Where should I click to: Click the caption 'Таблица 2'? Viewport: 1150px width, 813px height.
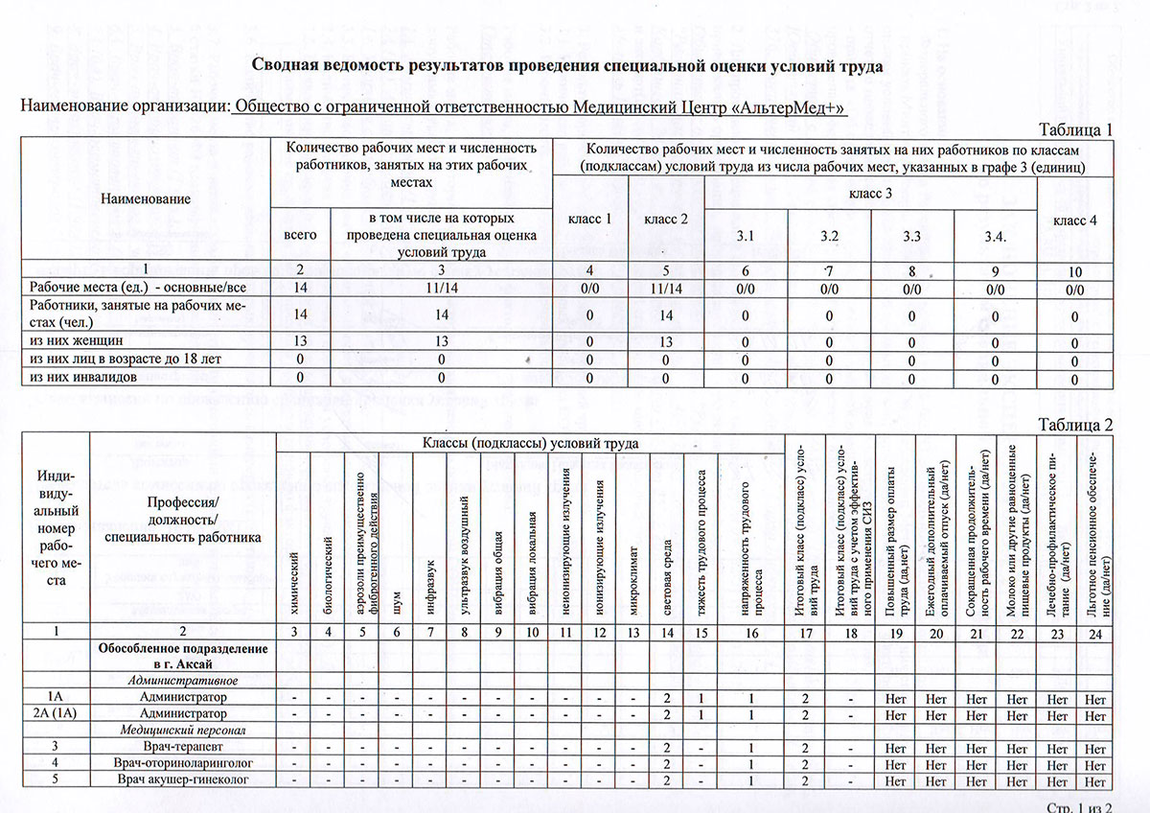[x=1076, y=424]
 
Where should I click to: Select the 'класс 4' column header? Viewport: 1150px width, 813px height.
[x=1075, y=220]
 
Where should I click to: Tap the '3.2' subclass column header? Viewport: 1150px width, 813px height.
[x=829, y=234]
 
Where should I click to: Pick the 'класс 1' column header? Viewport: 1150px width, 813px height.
[x=590, y=220]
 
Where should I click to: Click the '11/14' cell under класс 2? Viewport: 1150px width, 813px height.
[x=667, y=287]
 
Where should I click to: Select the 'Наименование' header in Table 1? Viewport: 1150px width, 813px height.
[x=147, y=197]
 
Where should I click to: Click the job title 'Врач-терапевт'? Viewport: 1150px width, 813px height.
[x=183, y=746]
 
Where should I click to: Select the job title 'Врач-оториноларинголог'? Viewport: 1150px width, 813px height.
[x=183, y=762]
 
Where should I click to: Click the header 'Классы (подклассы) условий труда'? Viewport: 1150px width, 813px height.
[x=530, y=443]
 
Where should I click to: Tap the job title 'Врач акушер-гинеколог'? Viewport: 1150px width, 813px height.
[x=183, y=778]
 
